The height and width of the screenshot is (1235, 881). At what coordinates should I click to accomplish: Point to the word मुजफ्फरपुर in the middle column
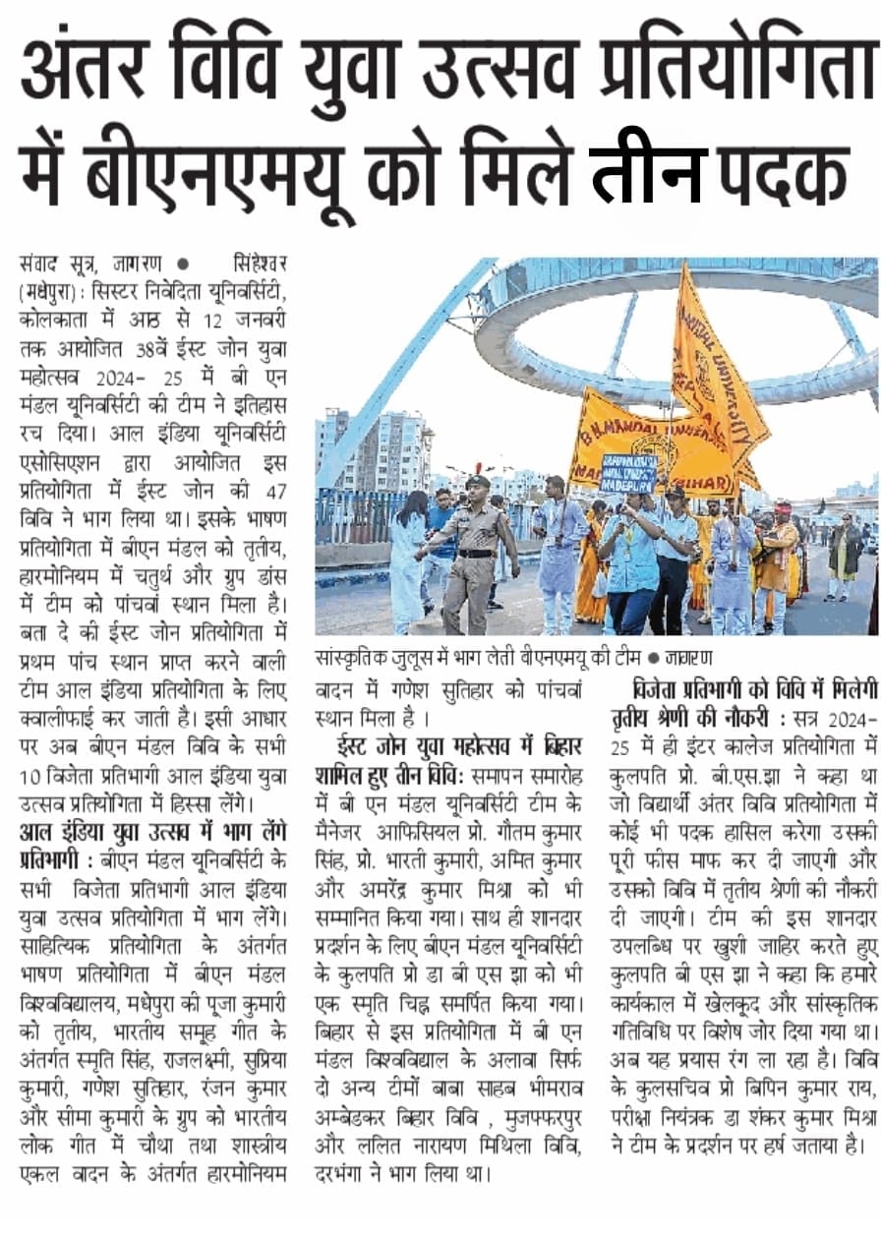click(x=550, y=1122)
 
